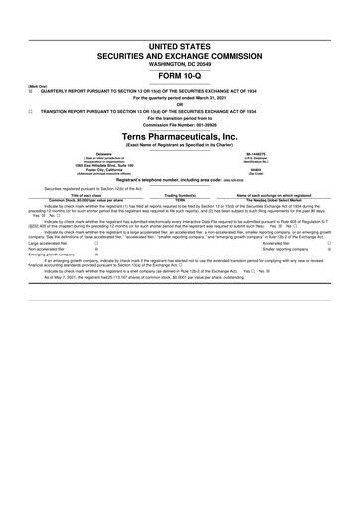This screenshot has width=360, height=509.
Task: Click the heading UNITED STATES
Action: pyautogui.click(x=179, y=47)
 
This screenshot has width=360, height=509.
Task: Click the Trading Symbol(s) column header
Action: pyautogui.click(x=179, y=195)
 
